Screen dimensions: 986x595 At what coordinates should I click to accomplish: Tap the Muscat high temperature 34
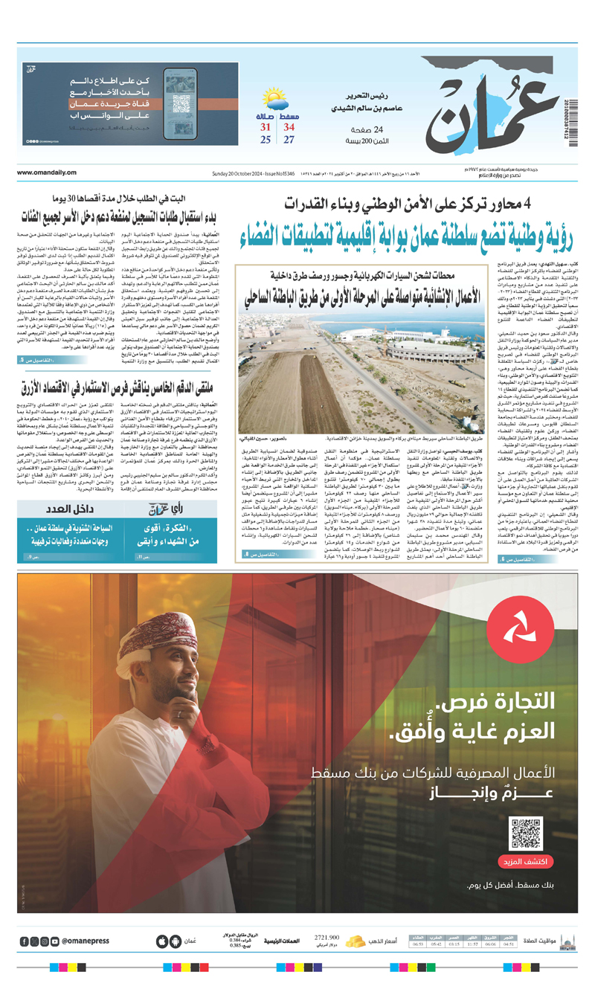click(x=289, y=127)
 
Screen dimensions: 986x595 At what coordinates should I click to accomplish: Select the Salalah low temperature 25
click(x=265, y=140)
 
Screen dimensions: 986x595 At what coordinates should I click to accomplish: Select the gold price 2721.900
click(x=327, y=937)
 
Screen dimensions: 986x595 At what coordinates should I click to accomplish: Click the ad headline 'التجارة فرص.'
click(x=506, y=701)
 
